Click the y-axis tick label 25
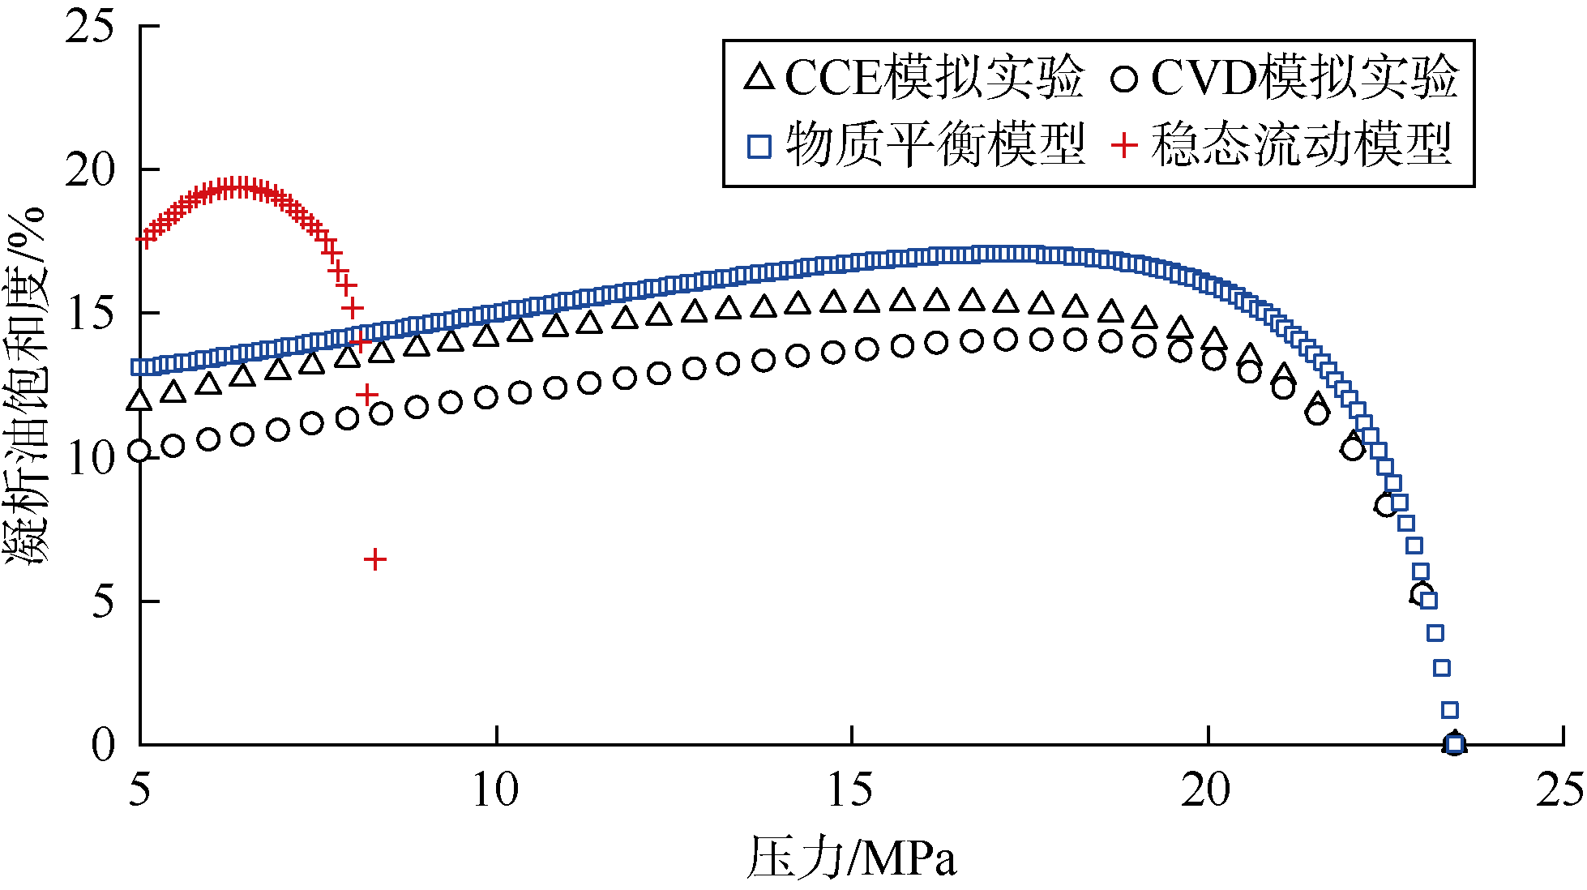pyautogui.click(x=91, y=28)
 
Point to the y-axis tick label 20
pyautogui.click(x=91, y=171)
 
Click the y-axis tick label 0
pyautogui.click(x=104, y=745)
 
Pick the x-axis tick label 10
pyautogui.click(x=495, y=789)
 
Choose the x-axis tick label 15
pyautogui.click(x=851, y=789)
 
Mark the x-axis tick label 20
pyautogui.click(x=1207, y=789)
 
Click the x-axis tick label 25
pyautogui.click(x=1560, y=789)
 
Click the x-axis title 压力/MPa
pyautogui.click(x=851, y=858)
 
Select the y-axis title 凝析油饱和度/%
pyautogui.click(x=26, y=386)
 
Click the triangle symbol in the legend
pyautogui.click(x=760, y=77)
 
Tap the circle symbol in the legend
pyautogui.click(x=1124, y=79)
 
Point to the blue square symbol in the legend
pyautogui.click(x=759, y=147)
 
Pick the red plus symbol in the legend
pyautogui.click(x=1124, y=146)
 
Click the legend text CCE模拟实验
pyautogui.click(x=935, y=78)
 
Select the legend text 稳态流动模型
pyautogui.click(x=1301, y=146)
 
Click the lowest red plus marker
pyautogui.click(x=374, y=559)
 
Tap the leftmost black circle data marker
pyautogui.click(x=139, y=451)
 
